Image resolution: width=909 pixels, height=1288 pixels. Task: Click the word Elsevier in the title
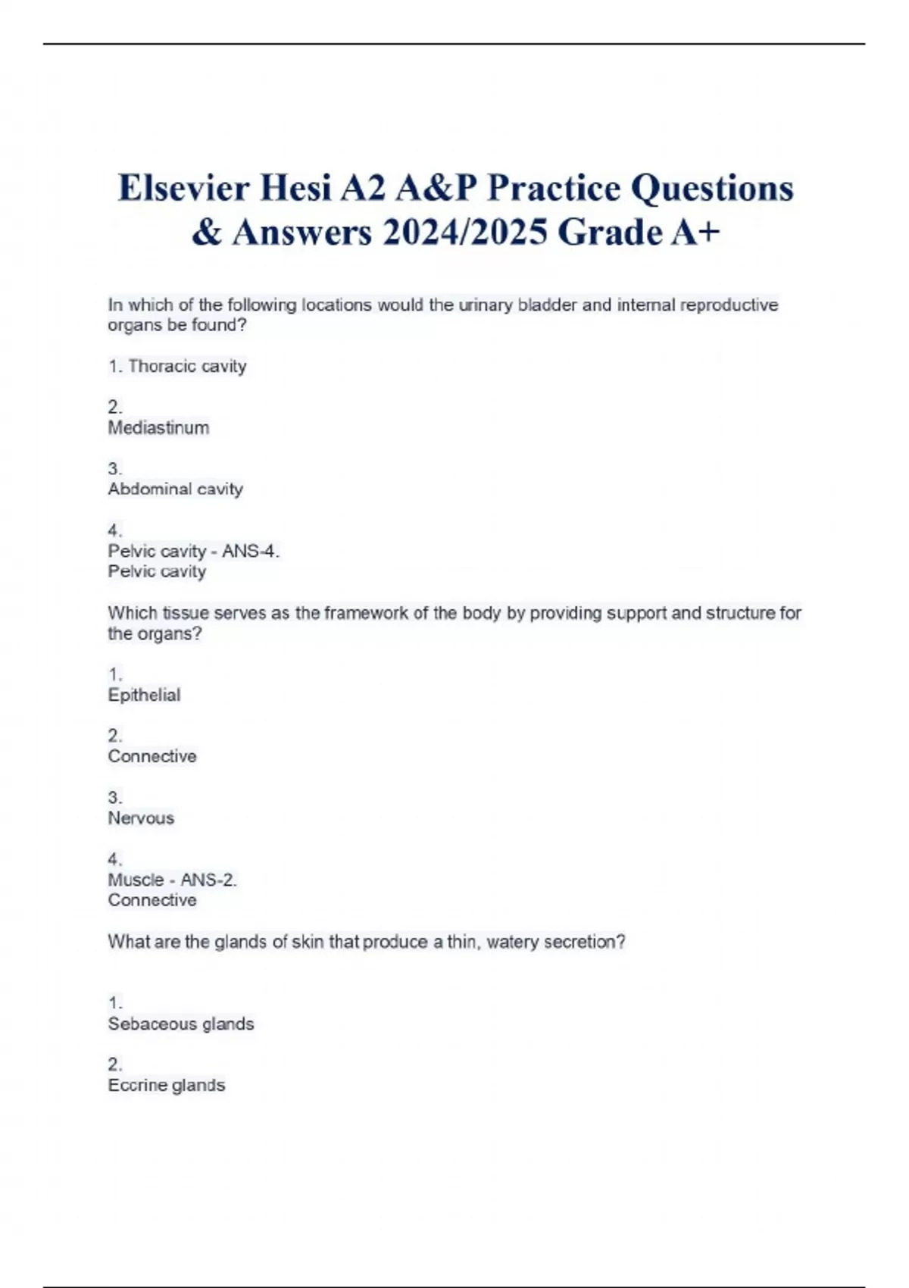[x=183, y=188]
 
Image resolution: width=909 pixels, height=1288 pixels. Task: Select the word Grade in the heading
[x=610, y=232]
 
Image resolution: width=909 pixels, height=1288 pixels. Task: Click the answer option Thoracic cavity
[x=187, y=366]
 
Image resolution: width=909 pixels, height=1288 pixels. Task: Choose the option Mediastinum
[x=158, y=428]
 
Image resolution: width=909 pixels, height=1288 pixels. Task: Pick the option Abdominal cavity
[x=175, y=489]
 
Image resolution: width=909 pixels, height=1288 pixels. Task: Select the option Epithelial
[x=144, y=696]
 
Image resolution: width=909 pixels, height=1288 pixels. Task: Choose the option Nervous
[x=141, y=818]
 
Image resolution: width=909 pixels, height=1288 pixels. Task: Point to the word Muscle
[x=136, y=880]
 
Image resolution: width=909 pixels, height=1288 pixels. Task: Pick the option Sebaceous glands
[x=180, y=1024]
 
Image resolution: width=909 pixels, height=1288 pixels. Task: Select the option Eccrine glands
[x=166, y=1086]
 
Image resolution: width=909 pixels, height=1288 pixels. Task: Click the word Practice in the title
[x=553, y=188]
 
